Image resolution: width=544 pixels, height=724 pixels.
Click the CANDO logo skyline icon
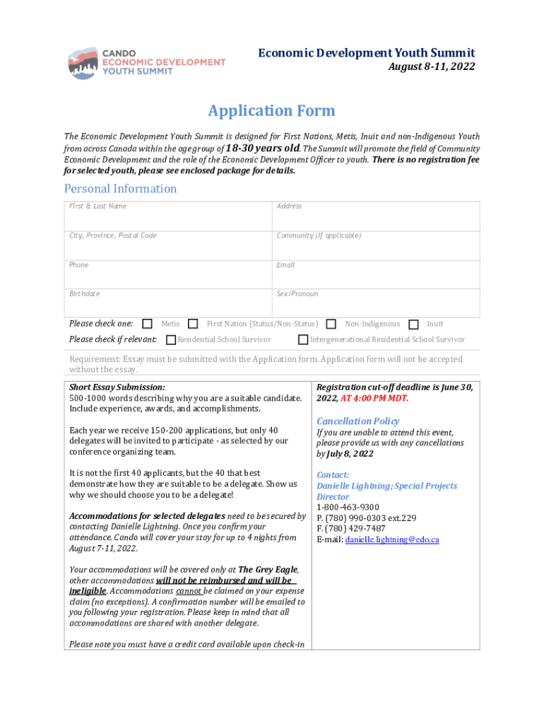(84, 63)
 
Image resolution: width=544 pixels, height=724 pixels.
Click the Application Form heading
(271, 111)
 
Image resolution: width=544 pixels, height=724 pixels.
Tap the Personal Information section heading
(120, 188)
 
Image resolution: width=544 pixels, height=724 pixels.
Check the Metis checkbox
(147, 324)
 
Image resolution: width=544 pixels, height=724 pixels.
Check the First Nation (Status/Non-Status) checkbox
(193, 324)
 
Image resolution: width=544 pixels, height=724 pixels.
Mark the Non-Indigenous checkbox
(331, 324)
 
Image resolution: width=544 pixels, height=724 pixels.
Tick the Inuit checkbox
(413, 324)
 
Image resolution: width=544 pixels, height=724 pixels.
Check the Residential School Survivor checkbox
(170, 340)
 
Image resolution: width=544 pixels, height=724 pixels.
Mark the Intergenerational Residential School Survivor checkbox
(303, 340)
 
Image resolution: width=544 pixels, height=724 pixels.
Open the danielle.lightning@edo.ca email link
(392, 539)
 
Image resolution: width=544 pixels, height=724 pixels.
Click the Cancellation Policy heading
(357, 421)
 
